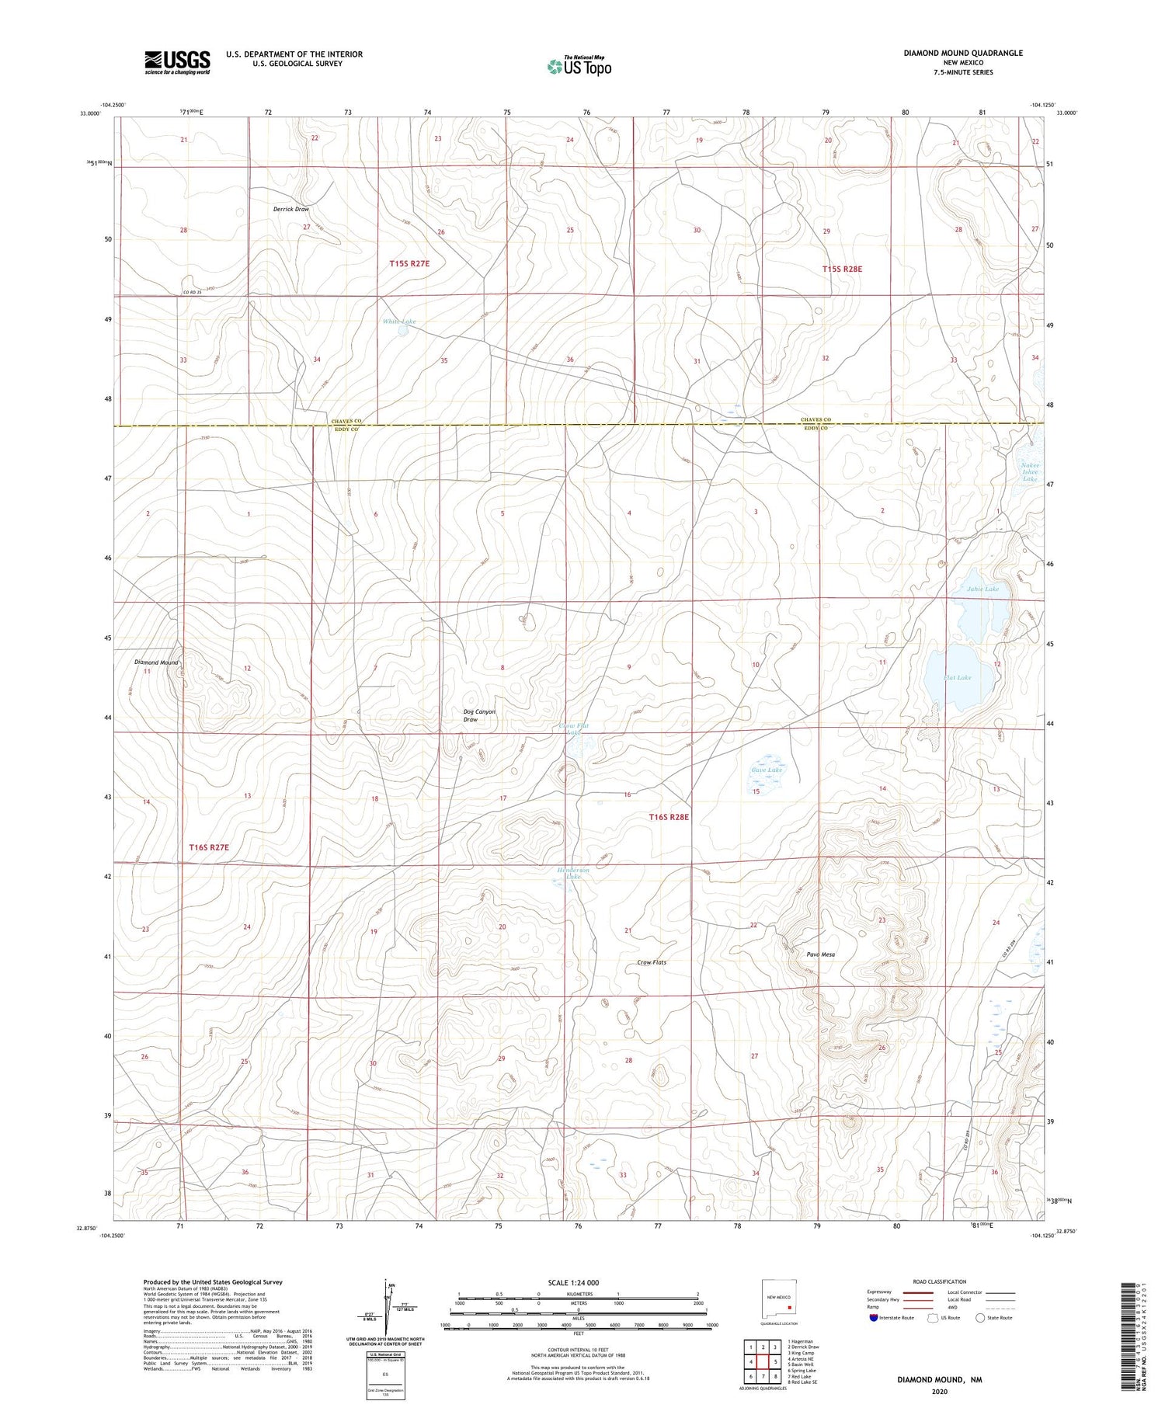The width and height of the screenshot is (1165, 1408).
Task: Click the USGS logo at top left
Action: click(x=177, y=62)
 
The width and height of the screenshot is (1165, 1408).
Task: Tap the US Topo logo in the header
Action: click(x=579, y=66)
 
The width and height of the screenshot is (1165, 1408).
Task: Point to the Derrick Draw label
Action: click(x=291, y=210)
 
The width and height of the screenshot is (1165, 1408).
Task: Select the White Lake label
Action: click(x=399, y=322)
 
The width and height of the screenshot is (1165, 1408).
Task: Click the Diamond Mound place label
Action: click(x=156, y=662)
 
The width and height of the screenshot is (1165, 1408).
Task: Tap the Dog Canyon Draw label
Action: click(x=478, y=715)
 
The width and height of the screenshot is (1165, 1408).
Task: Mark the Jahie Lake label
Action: click(x=982, y=589)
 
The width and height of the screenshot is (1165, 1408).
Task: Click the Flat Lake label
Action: click(x=957, y=677)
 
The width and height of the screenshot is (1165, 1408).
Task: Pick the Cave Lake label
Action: click(x=767, y=770)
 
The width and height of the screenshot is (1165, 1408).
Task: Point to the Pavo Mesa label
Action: click(x=821, y=954)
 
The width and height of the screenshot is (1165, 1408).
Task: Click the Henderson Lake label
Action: click(x=573, y=874)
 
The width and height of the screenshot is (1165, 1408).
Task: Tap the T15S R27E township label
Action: click(x=409, y=264)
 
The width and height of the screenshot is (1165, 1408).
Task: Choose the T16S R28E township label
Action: click(x=669, y=817)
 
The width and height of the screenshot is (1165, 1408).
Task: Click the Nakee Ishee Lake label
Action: click(x=1030, y=472)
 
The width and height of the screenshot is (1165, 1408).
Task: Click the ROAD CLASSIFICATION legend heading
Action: click(x=940, y=1281)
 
